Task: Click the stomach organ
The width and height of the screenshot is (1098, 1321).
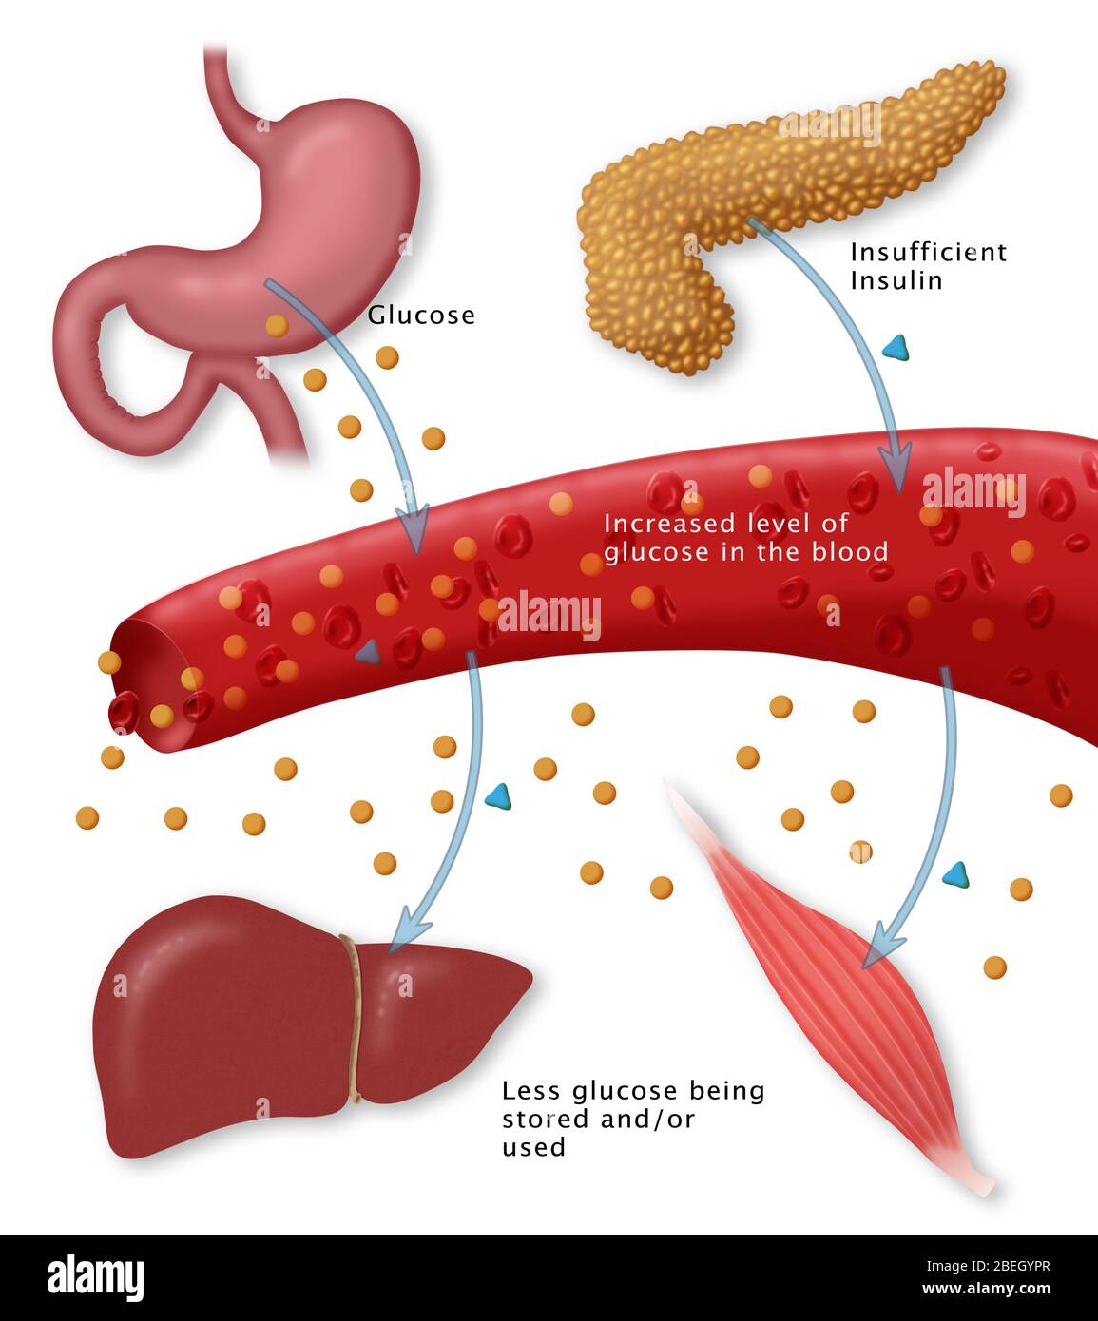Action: (314, 190)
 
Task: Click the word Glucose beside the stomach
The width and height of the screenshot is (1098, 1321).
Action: (421, 316)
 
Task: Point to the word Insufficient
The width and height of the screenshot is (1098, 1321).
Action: (928, 253)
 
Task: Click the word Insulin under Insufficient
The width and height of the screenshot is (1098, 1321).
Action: (896, 281)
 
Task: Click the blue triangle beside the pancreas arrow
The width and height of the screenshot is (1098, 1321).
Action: (896, 349)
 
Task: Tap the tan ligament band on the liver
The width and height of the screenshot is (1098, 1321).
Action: (353, 1017)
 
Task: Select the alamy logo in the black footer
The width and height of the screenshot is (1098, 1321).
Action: (95, 1276)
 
